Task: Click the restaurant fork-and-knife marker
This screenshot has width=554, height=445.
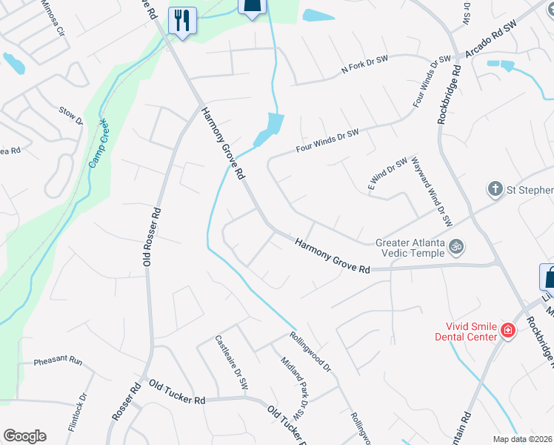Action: pos(181,19)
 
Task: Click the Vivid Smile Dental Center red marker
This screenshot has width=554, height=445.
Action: pos(507,331)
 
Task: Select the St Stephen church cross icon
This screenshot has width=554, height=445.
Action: pos(495,189)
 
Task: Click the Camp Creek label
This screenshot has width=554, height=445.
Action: pos(97,142)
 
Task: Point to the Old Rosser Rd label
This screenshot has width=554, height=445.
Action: pos(151,236)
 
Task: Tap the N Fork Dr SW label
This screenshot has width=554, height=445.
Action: pos(364,65)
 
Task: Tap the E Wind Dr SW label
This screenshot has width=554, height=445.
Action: pos(388,174)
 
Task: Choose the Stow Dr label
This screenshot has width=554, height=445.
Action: pos(70,115)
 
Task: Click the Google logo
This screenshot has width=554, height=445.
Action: pos(24,436)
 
